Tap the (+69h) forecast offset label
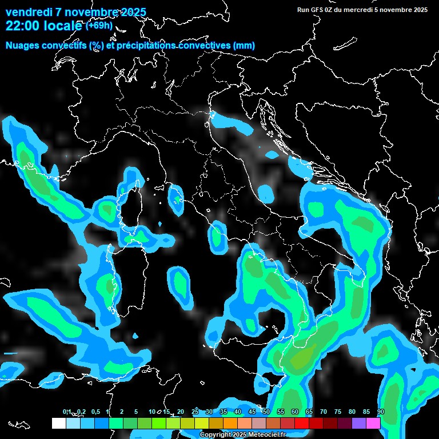click(99, 26)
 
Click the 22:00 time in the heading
click(22, 26)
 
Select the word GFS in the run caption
click(317, 10)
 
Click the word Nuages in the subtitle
click(23, 45)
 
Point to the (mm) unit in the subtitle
click(244, 45)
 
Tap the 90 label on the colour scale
click(381, 412)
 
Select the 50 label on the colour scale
click(266, 412)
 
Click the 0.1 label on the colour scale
click(66, 412)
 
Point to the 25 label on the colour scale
click(195, 412)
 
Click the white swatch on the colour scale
click(59, 423)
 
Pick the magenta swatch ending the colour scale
click(373, 423)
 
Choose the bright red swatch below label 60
click(302, 423)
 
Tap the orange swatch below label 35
click(230, 423)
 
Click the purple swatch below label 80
click(359, 423)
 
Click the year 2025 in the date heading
click(130, 12)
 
